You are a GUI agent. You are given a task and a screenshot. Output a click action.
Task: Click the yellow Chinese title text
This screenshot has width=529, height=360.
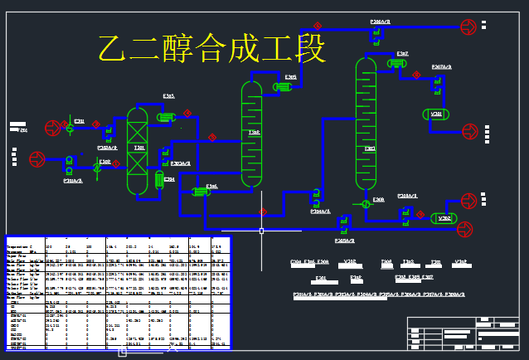pyautogui.click(x=211, y=49)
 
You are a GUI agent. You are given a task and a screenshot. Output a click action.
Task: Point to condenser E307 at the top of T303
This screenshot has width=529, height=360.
pyautogui.click(x=396, y=62)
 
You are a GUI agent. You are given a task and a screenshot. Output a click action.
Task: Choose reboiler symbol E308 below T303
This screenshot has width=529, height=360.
pyautogui.click(x=366, y=202)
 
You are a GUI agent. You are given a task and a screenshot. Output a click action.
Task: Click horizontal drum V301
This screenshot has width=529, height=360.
pyautogui.click(x=436, y=114)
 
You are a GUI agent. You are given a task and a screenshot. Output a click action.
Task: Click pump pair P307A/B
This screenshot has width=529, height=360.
pyautogui.click(x=437, y=80)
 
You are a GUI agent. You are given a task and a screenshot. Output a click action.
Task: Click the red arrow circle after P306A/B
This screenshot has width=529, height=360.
pyautogui.click(x=469, y=27)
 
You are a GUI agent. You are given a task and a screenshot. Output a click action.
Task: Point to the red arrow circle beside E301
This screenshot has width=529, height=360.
pyautogui.click(x=52, y=127)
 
